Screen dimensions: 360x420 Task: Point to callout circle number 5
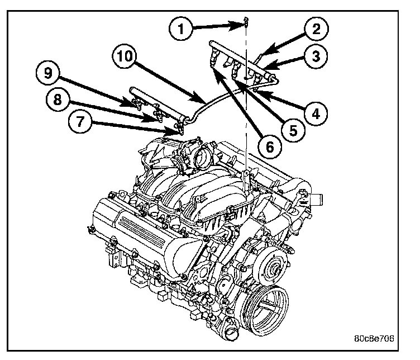pos(289,130)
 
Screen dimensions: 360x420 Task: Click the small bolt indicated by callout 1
pos(245,22)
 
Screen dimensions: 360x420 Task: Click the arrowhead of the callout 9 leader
pos(135,103)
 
